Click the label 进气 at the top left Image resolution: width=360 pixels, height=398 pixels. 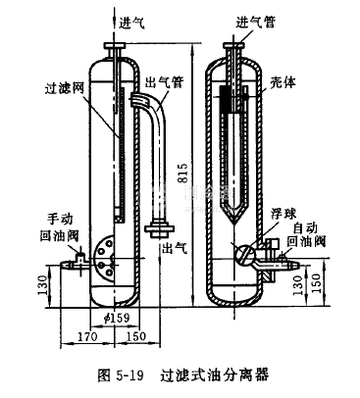pos(131,24)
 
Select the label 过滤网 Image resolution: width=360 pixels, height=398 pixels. pos(65,87)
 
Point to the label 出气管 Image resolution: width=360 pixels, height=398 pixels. pos(165,82)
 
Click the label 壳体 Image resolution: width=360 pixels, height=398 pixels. pos(283,82)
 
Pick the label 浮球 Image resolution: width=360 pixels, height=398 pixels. pos(283,214)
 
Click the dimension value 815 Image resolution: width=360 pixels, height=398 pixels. pos(183,173)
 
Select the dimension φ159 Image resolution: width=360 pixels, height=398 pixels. pos(117,318)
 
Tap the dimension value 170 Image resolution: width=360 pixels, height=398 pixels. pos(87,336)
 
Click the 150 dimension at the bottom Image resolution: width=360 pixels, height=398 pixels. pos(135,336)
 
